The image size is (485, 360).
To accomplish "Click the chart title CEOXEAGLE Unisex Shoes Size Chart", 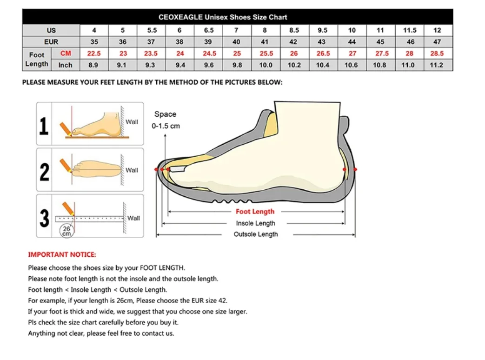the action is coord(223,17).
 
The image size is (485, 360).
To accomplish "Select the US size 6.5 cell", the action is coord(209,30).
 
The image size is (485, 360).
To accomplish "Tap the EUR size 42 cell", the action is coord(293,42).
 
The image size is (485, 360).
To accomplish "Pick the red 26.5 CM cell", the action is coord(323,53).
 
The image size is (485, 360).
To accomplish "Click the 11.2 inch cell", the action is coord(436,65).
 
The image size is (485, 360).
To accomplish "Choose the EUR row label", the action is coord(51,42).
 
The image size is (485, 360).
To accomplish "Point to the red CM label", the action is coord(66,53).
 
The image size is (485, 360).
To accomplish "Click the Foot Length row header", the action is coord(37,60).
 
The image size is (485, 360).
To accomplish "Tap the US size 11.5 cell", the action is coord(409,30).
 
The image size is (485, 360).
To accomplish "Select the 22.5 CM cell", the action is coord(94,53).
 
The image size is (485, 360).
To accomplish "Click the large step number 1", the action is coord(44,126).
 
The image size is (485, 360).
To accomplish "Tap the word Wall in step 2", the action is coord(132,170).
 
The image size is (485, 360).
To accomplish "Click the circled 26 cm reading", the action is coord(66,231).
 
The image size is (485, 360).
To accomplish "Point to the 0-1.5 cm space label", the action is coord(166,126).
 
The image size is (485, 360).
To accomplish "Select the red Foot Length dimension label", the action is coord(255,212).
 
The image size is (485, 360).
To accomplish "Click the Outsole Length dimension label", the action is coord(255,234).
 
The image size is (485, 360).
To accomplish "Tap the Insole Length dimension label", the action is coord(255,223).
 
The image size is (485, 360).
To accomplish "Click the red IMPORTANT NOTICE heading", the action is coord(62,254).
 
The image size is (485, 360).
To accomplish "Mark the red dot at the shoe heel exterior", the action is coord(355,170).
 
